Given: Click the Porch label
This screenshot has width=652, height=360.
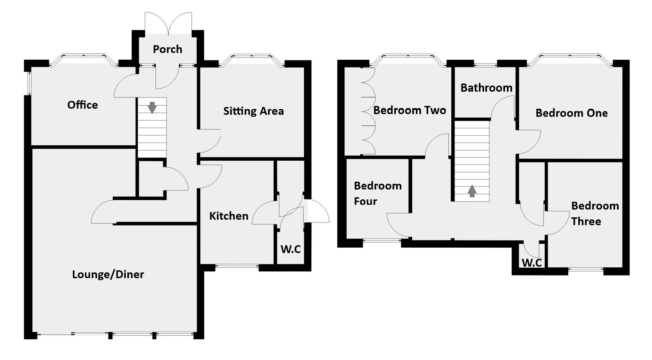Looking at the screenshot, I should (x=167, y=49).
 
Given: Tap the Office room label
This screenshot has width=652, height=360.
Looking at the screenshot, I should (x=83, y=105).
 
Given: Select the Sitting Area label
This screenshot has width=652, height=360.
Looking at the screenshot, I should (x=253, y=111).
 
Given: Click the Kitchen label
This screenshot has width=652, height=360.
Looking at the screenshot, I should (x=229, y=216).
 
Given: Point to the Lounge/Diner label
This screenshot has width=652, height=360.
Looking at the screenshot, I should (x=108, y=274).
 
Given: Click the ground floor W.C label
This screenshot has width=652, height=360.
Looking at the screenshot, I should (x=291, y=249).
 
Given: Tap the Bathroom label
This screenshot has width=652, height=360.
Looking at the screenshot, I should (x=486, y=88).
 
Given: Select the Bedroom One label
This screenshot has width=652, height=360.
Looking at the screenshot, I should (x=572, y=113).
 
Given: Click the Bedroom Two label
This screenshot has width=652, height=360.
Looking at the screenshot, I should (x=410, y=110).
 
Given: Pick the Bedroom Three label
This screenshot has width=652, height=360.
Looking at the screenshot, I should (x=595, y=213).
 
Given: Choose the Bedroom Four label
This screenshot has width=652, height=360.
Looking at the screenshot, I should (x=378, y=193).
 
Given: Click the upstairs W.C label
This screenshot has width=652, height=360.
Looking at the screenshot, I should (x=531, y=263).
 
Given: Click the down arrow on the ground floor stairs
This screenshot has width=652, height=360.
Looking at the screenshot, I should (x=152, y=107).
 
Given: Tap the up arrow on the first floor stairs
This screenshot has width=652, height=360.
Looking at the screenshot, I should (x=472, y=191).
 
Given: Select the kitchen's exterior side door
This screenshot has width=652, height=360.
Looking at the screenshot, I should (x=318, y=212).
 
